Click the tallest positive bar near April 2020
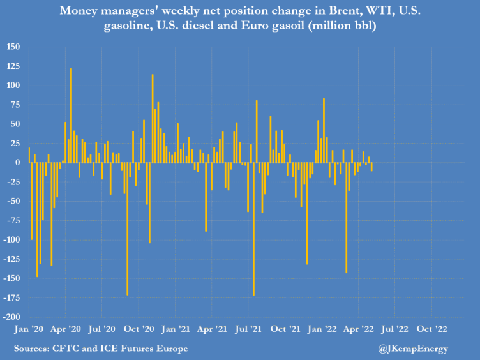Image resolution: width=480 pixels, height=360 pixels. [71, 116]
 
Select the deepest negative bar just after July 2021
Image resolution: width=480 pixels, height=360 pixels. [254, 229]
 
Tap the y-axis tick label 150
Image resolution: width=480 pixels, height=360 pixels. [13, 47]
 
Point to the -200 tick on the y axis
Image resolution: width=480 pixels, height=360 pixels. [11, 317]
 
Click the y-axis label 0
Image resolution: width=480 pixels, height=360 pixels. [17, 163]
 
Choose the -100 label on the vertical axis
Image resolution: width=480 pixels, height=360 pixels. [11, 240]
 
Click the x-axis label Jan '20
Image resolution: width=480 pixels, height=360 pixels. [29, 329]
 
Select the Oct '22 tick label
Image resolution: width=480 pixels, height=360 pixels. [432, 329]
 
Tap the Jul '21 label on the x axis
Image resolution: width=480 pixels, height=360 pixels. [248, 329]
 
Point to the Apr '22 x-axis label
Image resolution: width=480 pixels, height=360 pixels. [359, 329]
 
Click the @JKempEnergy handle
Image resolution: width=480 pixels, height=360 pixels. [413, 349]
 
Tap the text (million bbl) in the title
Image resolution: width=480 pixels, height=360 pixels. [342, 26]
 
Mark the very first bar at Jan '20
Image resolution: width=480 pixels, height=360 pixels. [29, 155]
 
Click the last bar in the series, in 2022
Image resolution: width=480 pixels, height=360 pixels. [371, 167]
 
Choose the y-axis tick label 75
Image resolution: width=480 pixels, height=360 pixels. [15, 105]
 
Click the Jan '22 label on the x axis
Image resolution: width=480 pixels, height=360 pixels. [322, 329]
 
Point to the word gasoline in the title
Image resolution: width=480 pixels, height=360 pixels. [128, 26]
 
